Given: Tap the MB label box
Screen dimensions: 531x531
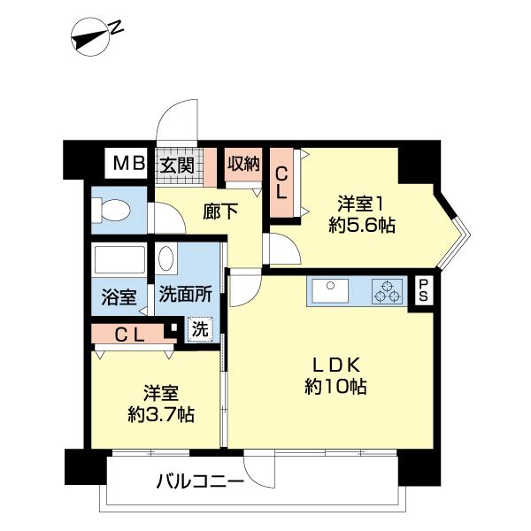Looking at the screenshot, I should pyautogui.click(x=129, y=163).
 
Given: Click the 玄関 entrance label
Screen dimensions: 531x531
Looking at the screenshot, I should pyautogui.click(x=177, y=164).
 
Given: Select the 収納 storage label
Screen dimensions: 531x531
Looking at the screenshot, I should pyautogui.click(x=242, y=163).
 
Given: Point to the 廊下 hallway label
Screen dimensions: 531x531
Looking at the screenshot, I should pyautogui.click(x=220, y=212).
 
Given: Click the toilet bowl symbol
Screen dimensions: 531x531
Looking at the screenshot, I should pyautogui.click(x=112, y=211).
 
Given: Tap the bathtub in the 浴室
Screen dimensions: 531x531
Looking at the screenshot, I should pyautogui.click(x=119, y=260).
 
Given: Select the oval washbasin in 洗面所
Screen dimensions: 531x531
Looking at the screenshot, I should pyautogui.click(x=165, y=259).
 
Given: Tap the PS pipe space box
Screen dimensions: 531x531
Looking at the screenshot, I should pyautogui.click(x=424, y=291).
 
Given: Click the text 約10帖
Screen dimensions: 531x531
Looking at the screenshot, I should pyautogui.click(x=335, y=387).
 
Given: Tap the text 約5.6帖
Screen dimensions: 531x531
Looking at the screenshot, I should pyautogui.click(x=360, y=225).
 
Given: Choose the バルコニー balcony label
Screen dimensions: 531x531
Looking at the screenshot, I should pyautogui.click(x=200, y=482).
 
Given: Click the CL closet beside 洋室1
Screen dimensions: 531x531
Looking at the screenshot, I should pyautogui.click(x=281, y=183).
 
